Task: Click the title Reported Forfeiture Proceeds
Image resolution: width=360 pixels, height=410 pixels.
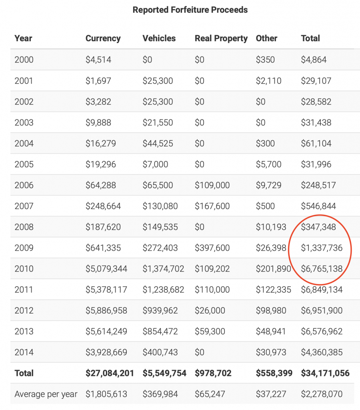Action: [190, 10]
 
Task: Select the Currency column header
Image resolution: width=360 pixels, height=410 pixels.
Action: [103, 38]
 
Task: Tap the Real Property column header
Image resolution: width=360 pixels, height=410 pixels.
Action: [221, 38]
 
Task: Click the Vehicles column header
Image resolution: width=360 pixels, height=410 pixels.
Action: [159, 38]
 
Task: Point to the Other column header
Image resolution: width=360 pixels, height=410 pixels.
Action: [266, 38]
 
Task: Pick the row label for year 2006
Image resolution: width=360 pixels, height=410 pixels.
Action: [24, 185]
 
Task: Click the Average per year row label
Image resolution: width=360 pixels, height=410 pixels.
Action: [46, 394]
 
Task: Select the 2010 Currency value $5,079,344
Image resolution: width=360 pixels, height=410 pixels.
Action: [106, 269]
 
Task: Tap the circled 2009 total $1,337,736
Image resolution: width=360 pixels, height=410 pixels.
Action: [322, 248]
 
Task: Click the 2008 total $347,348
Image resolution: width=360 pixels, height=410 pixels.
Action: [318, 227]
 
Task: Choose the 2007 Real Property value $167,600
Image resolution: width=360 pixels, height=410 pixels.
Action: [212, 206]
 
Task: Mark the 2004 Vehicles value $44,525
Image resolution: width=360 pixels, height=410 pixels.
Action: [158, 143]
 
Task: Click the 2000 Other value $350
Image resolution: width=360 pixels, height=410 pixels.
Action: [265, 60]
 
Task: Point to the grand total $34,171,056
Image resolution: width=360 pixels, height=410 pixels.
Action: [325, 373]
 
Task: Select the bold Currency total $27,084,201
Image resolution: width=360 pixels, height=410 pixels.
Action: [110, 373]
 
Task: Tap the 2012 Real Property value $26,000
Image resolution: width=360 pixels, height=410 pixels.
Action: [210, 311]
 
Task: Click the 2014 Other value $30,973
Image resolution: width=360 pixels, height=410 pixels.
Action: [271, 352]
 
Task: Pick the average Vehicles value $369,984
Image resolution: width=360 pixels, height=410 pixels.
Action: [160, 394]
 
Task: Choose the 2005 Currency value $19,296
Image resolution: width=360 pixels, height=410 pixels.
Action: [100, 164]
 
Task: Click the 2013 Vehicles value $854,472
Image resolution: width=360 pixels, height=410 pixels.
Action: [160, 331]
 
